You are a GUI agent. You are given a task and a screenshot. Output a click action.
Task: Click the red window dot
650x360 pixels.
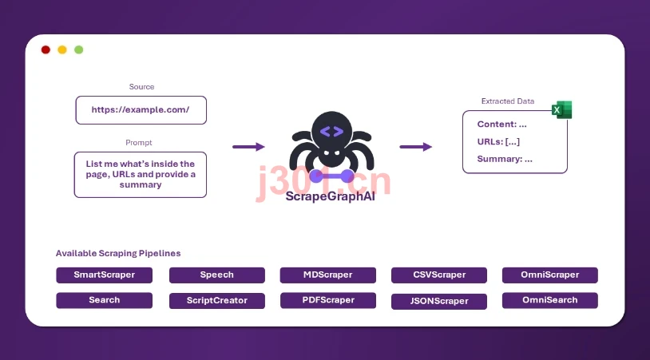click(x=46, y=49)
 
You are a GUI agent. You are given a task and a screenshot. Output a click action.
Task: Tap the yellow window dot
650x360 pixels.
click(x=62, y=49)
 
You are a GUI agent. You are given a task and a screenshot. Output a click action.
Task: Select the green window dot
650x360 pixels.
click(x=79, y=49)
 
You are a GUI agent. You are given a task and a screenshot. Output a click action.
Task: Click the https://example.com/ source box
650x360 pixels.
click(x=141, y=110)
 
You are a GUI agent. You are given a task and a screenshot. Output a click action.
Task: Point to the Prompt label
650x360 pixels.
click(x=139, y=143)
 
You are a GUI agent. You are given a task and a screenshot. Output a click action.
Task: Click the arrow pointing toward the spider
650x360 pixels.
click(x=248, y=147)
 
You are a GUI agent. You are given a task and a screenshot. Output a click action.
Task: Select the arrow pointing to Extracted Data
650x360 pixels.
click(x=416, y=147)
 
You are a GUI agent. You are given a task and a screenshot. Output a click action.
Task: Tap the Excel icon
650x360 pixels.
click(x=561, y=110)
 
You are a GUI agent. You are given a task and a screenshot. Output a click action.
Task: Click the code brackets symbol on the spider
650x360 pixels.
click(x=331, y=132)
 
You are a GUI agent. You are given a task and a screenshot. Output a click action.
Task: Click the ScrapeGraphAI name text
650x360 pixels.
click(x=331, y=196)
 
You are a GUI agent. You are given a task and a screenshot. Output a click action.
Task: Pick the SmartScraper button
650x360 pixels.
click(x=104, y=275)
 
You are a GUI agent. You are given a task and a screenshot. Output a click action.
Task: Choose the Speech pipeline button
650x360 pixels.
click(x=217, y=275)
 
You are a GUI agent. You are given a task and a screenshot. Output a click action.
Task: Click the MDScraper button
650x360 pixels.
click(x=328, y=275)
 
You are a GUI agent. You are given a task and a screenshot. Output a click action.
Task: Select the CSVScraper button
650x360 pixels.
click(x=439, y=275)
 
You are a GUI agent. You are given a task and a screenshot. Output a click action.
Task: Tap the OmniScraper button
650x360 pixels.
click(x=550, y=275)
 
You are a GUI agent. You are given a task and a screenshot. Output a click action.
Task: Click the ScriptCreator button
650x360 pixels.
click(x=217, y=301)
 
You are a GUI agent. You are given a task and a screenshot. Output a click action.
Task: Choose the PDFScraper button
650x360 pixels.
click(x=328, y=300)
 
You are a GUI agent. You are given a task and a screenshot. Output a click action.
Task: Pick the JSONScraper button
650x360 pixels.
click(x=439, y=301)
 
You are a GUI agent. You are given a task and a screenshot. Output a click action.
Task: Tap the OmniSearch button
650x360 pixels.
click(x=550, y=300)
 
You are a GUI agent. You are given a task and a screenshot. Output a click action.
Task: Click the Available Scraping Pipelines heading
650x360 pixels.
click(x=118, y=253)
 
